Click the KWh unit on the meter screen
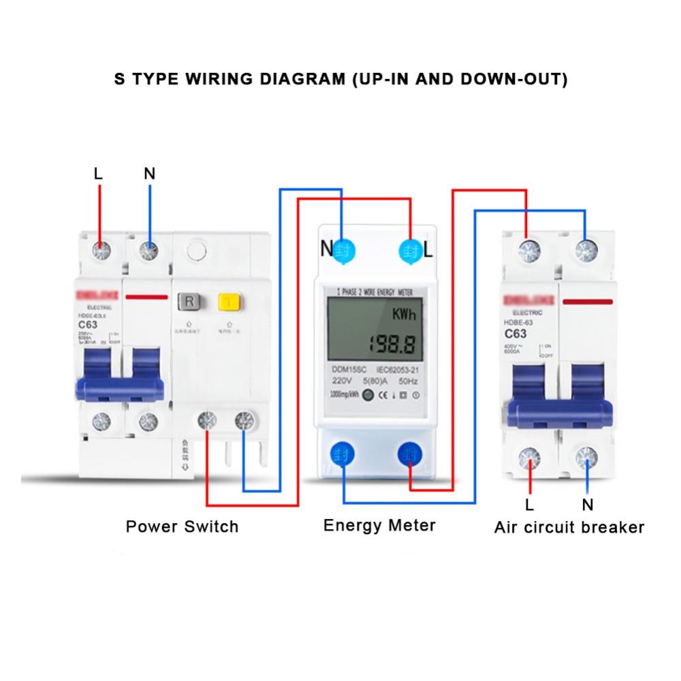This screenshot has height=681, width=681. point(404,315)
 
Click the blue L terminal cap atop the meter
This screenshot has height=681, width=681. point(410,249)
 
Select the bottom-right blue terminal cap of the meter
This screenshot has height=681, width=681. point(409,454)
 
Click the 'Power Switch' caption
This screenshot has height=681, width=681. point(182,526)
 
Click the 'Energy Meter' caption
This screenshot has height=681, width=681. point(379,525)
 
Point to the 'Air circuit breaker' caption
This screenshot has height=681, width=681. point(569,527)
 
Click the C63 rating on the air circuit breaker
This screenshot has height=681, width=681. point(516,334)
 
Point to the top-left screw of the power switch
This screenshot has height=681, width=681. point(100,251)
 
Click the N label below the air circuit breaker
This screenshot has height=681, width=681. point(588,505)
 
